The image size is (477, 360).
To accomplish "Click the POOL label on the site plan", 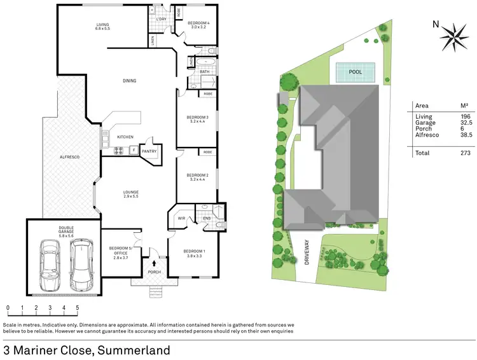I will (356, 73).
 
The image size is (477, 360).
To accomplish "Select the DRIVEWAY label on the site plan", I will (308, 251).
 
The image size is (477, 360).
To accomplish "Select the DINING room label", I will (130, 81).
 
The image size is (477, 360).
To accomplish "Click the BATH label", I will (204, 72).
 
